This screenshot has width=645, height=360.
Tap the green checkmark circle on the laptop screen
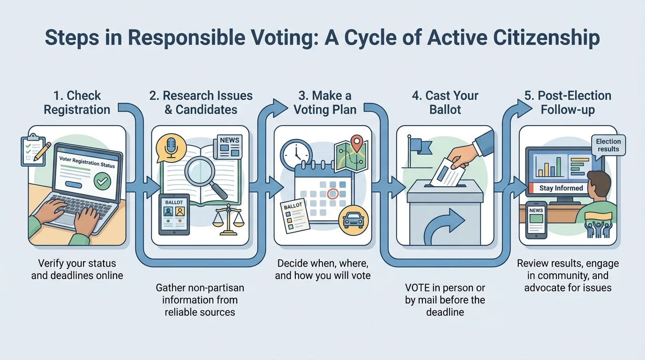(102, 181)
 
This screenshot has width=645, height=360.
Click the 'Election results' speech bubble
(608, 145)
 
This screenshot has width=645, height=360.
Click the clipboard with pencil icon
(34, 149)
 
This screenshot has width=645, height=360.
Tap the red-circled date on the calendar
(332, 193)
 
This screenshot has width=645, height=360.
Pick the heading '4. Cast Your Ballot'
(445, 103)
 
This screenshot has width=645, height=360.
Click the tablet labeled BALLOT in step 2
(174, 214)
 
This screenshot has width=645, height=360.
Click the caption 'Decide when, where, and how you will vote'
(322, 269)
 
